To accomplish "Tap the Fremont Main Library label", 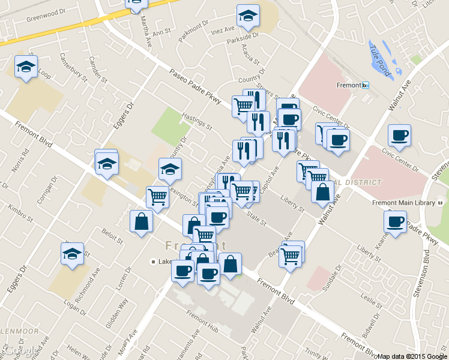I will tap(403, 203).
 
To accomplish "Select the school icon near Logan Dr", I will tap(72, 253).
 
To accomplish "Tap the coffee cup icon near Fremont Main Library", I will tap(395, 222).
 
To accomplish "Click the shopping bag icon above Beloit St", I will tap(141, 221).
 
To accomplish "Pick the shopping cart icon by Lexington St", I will tap(157, 196).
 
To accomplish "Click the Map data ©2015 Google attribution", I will tap(412, 356).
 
